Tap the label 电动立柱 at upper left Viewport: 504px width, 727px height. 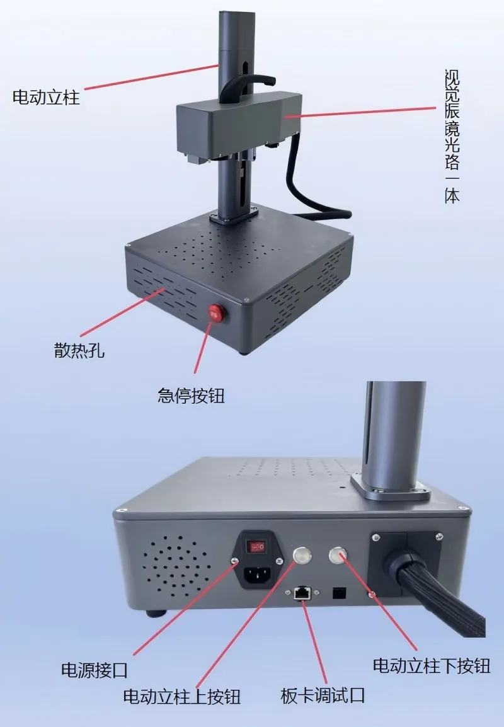[46, 98]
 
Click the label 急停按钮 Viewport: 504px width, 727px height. [191, 396]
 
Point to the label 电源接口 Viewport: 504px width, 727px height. [94, 670]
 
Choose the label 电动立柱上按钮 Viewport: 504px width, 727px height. [182, 696]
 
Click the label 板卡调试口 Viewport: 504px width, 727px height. [323, 696]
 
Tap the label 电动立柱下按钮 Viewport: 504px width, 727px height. [432, 666]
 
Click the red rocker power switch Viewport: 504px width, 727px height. [256, 547]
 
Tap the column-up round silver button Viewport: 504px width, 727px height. [302, 554]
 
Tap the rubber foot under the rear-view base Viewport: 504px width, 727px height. [156, 614]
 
